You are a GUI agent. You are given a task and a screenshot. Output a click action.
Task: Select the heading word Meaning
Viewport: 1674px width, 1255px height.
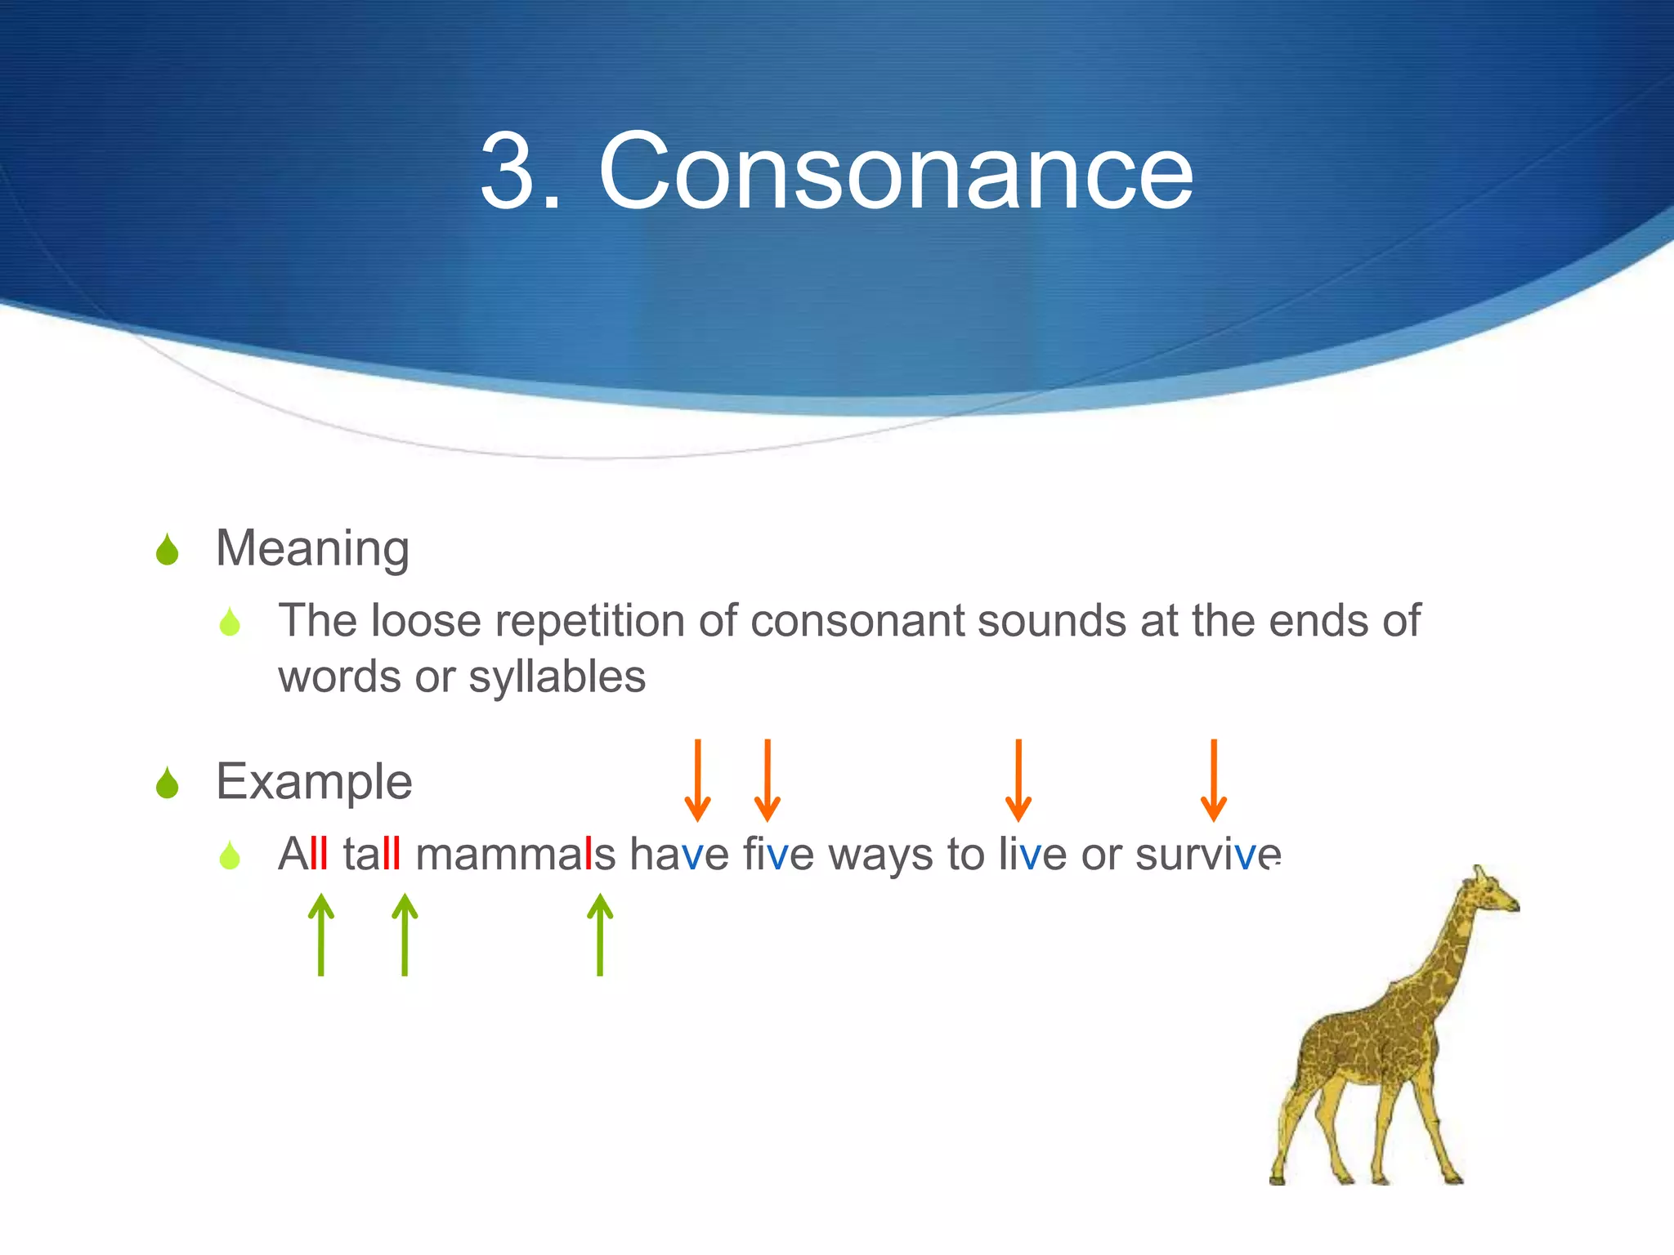(312, 548)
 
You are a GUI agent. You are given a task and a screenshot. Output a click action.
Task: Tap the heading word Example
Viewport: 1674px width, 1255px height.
(314, 782)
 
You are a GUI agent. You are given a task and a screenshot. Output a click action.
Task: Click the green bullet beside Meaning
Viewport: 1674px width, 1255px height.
(168, 550)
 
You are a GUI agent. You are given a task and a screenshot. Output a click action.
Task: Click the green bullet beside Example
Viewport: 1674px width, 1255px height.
(168, 784)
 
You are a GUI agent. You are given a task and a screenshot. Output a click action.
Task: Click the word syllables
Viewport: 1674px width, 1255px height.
(557, 677)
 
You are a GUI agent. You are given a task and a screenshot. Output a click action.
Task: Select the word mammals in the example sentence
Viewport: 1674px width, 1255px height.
(515, 855)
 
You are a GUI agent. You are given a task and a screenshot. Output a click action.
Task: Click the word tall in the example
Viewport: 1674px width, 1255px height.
(372, 855)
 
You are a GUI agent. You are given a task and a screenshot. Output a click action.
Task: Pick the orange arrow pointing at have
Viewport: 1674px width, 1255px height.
(697, 780)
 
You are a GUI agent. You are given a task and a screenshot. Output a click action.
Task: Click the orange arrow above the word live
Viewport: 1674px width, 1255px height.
(1018, 780)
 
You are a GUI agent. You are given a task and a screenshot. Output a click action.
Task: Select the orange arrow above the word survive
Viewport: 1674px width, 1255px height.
(1214, 780)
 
